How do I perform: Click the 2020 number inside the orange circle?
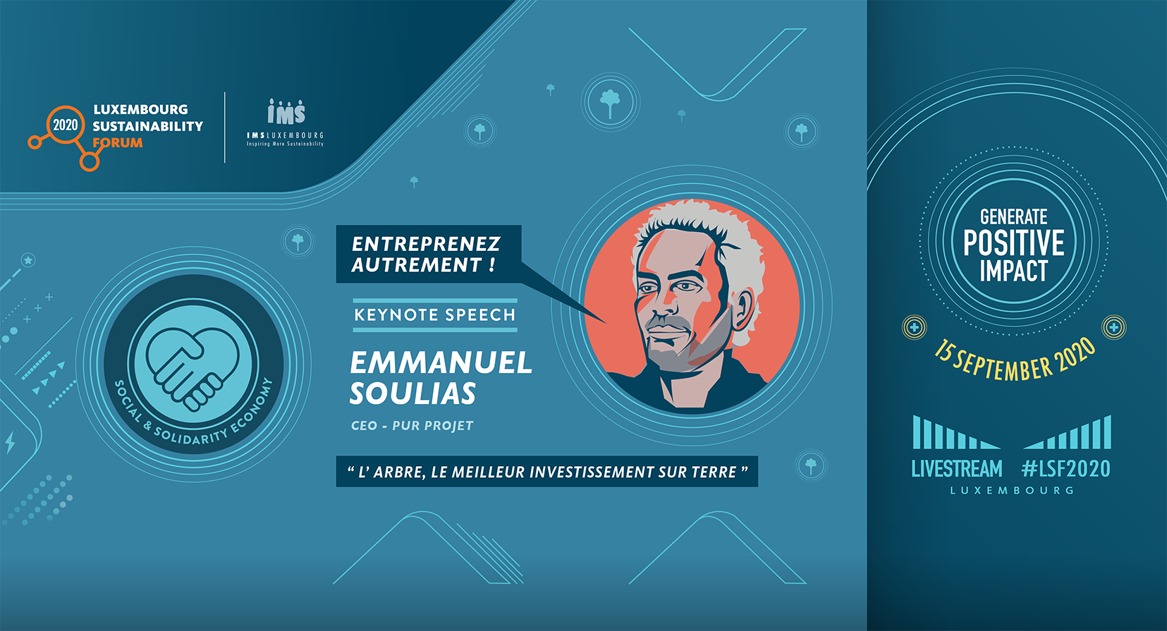[x=65, y=125]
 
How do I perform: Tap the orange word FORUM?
[x=117, y=143]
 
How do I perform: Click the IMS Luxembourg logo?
[x=285, y=123]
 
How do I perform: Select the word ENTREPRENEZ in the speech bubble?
[x=426, y=244]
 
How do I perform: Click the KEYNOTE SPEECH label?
[x=435, y=314]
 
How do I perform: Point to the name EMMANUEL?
[x=441, y=362]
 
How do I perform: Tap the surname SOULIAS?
[x=413, y=393]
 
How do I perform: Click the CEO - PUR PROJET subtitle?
[x=412, y=426]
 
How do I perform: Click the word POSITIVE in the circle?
[x=1014, y=243]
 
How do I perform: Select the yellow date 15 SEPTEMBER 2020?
[x=1014, y=360]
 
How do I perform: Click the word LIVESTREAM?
[x=957, y=469]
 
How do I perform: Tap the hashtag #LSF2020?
[x=1066, y=469]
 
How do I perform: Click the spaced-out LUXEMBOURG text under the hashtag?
[x=1013, y=490]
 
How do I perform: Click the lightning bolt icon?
[x=10, y=442]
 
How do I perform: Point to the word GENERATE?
[x=1014, y=216]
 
